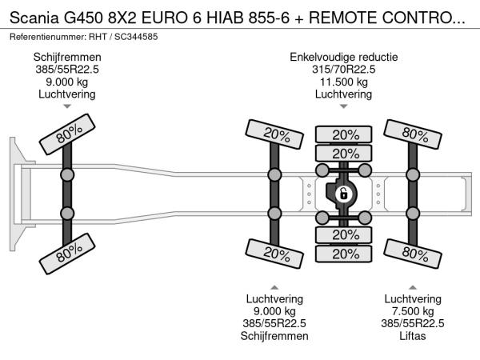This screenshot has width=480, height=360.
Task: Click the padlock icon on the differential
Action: [343, 194]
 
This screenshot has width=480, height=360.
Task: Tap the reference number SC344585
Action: [136, 37]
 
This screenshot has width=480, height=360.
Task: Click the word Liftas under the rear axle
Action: [412, 336]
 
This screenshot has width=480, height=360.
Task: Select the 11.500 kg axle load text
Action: [343, 82]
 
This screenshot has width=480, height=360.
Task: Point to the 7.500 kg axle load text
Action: [413, 311]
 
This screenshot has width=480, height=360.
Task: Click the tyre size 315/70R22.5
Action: [343, 69]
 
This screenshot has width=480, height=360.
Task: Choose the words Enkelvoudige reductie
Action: [343, 57]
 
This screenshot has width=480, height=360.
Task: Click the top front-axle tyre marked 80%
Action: [67, 134]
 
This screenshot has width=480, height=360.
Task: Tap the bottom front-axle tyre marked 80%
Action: [67, 254]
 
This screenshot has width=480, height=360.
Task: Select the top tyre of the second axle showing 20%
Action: [274, 134]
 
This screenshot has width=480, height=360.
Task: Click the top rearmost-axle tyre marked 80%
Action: [413, 134]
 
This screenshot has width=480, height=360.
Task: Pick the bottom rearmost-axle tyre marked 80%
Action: [413, 254]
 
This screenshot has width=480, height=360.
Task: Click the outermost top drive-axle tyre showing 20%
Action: [343, 134]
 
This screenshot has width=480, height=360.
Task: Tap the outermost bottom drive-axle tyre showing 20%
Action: [343, 254]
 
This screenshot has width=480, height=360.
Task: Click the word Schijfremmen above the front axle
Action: [67, 57]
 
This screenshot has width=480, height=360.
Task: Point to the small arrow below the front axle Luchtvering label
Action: [67, 106]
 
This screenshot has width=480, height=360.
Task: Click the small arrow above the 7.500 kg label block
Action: [413, 287]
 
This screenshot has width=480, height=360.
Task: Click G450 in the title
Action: [83, 18]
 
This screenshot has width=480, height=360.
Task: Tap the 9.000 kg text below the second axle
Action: [274, 311]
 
